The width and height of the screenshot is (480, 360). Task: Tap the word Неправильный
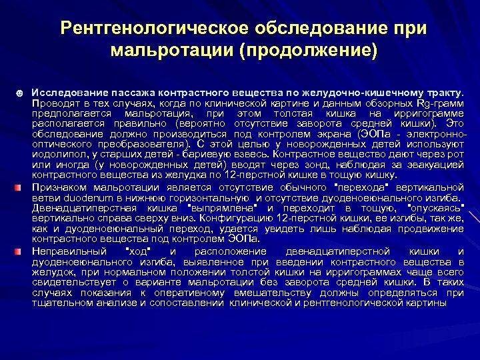(69, 251)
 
